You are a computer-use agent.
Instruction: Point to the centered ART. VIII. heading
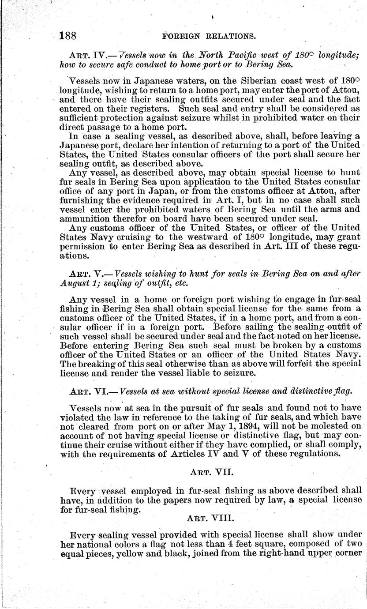(209, 517)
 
